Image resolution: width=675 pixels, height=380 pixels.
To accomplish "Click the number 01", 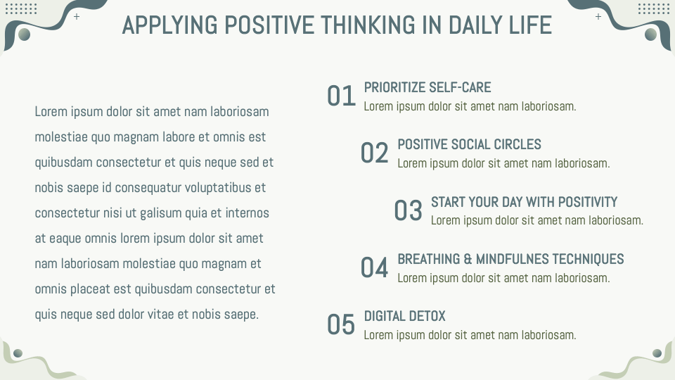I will click(342, 96).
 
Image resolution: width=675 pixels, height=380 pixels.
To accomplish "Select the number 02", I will click(375, 153).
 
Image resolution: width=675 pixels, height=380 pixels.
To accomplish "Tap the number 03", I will click(409, 210).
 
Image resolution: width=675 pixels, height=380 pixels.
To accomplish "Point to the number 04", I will click(375, 267).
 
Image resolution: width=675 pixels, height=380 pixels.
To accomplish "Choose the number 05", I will click(342, 324).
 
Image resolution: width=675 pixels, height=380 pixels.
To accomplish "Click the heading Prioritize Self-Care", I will click(427, 87).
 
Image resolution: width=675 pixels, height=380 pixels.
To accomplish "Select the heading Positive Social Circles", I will click(469, 144).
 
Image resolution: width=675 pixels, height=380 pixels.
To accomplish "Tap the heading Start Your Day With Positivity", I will click(524, 202).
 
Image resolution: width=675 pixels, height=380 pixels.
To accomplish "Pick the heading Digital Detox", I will click(404, 316).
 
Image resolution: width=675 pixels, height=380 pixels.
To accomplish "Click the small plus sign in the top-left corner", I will click(77, 16).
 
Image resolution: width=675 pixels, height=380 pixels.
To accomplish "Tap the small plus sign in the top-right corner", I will click(598, 16).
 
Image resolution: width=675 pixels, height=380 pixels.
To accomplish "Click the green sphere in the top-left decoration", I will click(25, 34).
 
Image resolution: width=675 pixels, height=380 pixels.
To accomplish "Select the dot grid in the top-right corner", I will click(653, 8).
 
